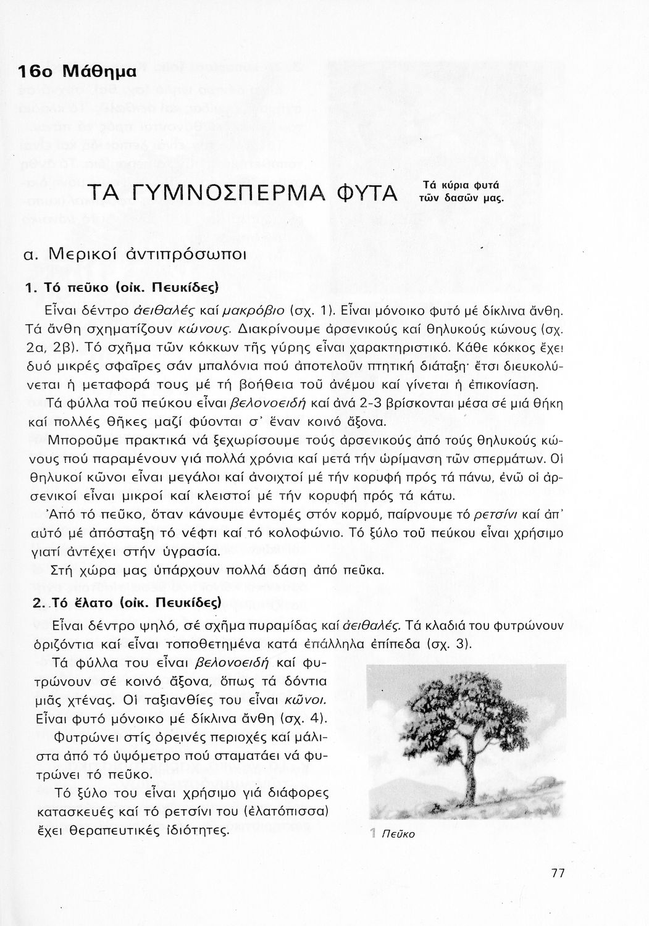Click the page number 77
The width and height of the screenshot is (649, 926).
pos(558,874)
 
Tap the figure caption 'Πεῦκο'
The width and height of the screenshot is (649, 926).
pos(399,835)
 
